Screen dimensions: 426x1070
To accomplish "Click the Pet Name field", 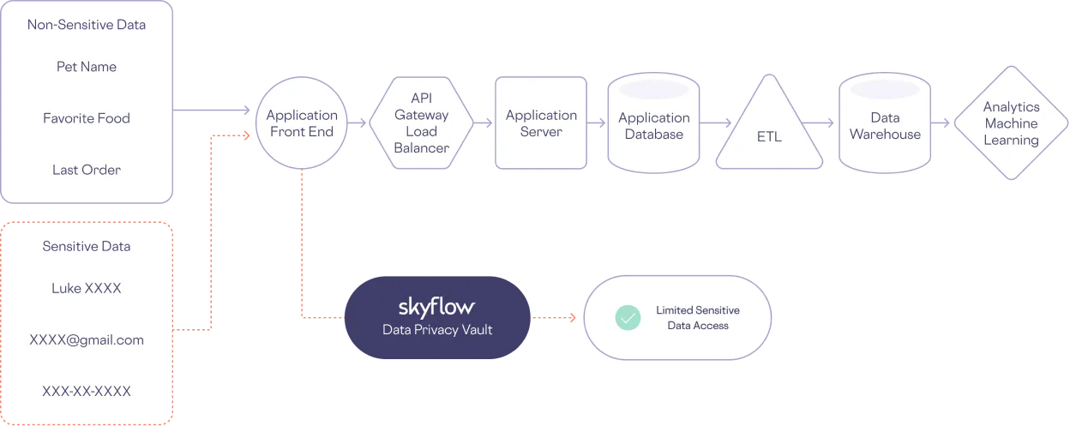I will tap(86, 67).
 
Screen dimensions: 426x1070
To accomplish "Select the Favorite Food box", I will tap(86, 118).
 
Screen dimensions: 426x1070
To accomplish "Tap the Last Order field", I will tap(86, 170).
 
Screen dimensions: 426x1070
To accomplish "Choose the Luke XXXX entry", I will tap(86, 289).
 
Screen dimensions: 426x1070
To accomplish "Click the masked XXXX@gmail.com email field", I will tap(86, 340).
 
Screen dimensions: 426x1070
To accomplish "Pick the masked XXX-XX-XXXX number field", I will tap(86, 392).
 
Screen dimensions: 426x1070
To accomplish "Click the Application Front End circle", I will tap(302, 123).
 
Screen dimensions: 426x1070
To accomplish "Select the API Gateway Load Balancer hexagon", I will tap(421, 123).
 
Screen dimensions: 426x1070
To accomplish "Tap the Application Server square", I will tap(541, 123).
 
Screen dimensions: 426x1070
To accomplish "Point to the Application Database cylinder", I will tap(653, 125).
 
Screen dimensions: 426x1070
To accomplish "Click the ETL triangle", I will tap(769, 130).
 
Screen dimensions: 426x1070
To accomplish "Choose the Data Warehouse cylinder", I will tap(884, 125).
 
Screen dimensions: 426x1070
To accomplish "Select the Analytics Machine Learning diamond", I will tap(1011, 123).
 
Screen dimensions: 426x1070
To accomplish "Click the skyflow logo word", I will tap(436, 307).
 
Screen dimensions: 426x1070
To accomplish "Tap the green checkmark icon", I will tap(628, 318).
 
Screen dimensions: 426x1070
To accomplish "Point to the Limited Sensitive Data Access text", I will tap(698, 318).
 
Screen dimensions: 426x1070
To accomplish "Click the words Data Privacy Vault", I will tap(437, 330).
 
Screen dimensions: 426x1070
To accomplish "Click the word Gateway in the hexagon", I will tap(421, 115).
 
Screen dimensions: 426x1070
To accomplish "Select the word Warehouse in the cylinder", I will tap(884, 134).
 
